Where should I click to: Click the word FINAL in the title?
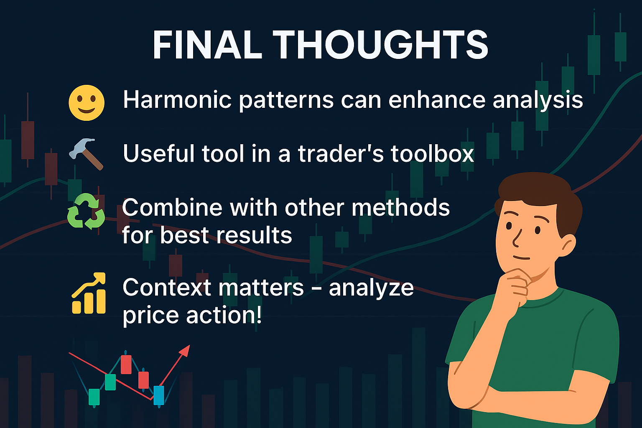pos(207,45)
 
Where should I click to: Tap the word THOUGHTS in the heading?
pos(380,45)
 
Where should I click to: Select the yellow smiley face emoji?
pos(87,103)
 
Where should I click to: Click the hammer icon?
pos(86,154)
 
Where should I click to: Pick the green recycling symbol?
pos(86,211)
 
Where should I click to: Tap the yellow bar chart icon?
pos(89,293)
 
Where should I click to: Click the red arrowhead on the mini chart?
pos(185,351)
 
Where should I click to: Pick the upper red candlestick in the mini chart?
pos(126,364)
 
